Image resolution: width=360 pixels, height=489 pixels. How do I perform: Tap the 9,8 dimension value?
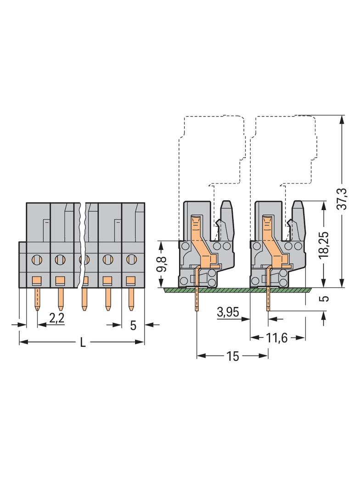[162, 264]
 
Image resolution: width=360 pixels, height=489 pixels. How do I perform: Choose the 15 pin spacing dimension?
[233, 356]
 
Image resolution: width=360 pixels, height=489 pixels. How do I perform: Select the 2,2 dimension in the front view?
[56, 319]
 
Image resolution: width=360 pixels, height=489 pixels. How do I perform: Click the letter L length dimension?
[83, 342]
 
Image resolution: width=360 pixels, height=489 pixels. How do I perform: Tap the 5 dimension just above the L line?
[133, 325]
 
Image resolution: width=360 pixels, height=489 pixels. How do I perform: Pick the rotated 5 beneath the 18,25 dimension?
[325, 299]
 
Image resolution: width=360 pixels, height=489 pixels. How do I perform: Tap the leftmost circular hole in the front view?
[35, 260]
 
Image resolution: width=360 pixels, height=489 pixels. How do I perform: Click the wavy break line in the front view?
[83, 248]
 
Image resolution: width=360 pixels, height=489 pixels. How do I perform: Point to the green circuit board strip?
[239, 290]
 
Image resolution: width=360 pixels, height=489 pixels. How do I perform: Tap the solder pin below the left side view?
[197, 298]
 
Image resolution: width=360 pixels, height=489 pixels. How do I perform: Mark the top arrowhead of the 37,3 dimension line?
[341, 119]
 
